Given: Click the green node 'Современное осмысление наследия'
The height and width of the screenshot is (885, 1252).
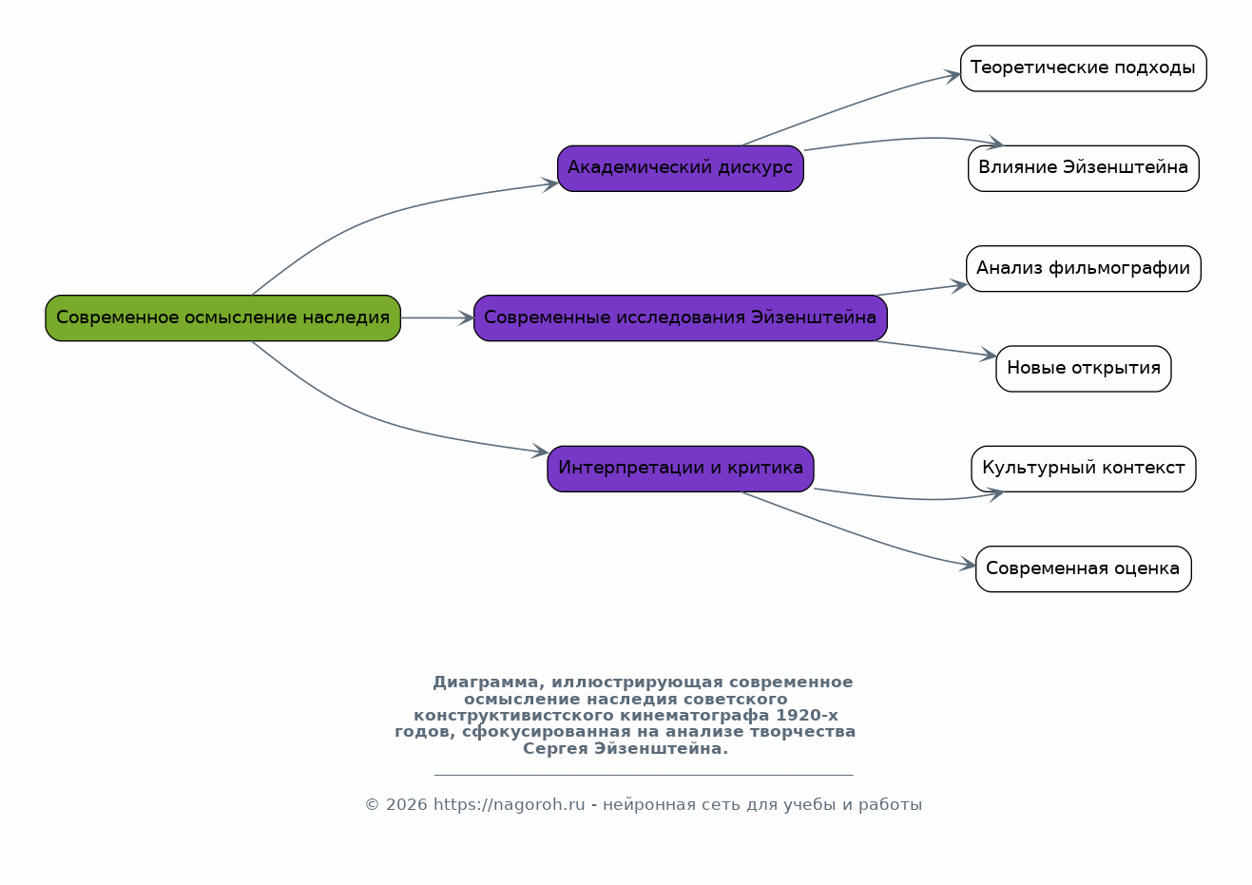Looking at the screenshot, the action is click(x=223, y=318).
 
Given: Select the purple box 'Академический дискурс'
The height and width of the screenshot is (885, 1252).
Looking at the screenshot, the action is click(x=681, y=168).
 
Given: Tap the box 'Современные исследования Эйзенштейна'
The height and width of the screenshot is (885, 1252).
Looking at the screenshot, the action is click(x=681, y=318).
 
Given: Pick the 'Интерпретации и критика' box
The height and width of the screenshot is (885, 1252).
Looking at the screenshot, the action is click(x=681, y=469).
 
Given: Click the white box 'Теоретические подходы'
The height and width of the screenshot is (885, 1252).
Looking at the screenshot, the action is click(x=1083, y=68).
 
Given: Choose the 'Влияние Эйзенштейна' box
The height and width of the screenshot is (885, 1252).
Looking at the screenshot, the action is click(x=1083, y=168).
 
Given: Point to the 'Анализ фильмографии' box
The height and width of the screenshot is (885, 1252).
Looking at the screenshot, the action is click(x=1083, y=268).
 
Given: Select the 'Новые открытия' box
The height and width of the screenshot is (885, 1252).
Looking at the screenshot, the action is click(x=1083, y=369).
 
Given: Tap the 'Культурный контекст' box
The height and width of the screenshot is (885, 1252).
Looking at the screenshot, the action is click(x=1083, y=469).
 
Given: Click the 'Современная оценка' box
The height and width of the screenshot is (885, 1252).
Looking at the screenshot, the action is click(x=1083, y=568).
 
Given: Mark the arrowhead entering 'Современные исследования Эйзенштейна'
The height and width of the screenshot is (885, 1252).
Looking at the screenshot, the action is click(x=466, y=318).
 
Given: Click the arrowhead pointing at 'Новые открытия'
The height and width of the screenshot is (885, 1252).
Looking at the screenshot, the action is click(x=988, y=355).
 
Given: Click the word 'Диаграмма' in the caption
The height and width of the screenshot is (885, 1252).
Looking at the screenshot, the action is click(x=486, y=683).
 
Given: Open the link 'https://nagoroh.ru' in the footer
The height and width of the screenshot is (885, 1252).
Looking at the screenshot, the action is click(x=510, y=804).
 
